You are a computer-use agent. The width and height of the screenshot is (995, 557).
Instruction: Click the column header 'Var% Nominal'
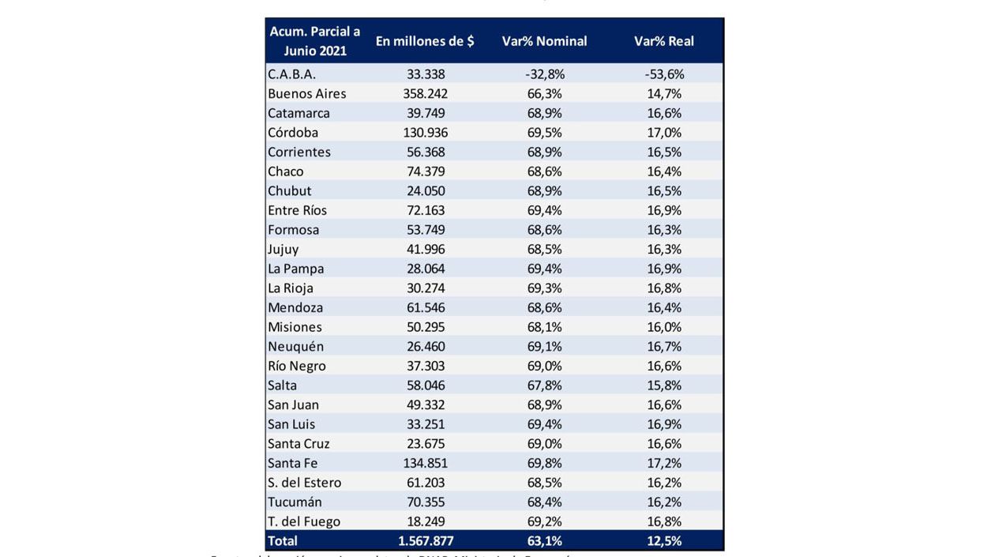pyautogui.click(x=544, y=41)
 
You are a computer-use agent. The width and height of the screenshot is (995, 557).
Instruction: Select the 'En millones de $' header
pyautogui.click(x=425, y=41)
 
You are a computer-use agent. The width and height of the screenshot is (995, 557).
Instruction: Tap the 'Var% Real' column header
pyautogui.click(x=663, y=41)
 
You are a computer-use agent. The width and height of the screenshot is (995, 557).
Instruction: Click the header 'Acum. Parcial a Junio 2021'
pyautogui.click(x=315, y=41)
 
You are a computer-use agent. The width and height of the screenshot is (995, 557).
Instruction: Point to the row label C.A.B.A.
pyautogui.click(x=291, y=74)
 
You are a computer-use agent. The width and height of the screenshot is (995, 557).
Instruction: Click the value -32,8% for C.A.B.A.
pyautogui.click(x=544, y=74)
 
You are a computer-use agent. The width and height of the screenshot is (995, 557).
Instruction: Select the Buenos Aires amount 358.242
pyautogui.click(x=425, y=94)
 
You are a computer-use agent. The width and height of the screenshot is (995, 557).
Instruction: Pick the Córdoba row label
pyautogui.click(x=293, y=133)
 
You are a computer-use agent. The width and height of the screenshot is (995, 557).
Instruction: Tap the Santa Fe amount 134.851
pyautogui.click(x=425, y=464)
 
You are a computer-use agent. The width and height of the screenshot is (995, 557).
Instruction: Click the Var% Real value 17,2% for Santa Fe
pyautogui.click(x=663, y=464)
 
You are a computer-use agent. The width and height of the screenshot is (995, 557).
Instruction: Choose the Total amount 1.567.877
pyautogui.click(x=425, y=541)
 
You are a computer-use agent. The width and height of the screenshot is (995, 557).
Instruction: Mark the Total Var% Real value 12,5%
pyautogui.click(x=663, y=541)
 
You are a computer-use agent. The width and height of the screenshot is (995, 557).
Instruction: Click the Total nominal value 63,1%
pyautogui.click(x=544, y=541)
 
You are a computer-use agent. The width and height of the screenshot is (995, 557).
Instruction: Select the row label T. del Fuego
pyautogui.click(x=304, y=522)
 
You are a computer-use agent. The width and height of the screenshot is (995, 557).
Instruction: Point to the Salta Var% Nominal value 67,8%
pyautogui.click(x=544, y=386)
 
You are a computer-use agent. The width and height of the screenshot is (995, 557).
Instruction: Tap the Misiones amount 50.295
pyautogui.click(x=425, y=327)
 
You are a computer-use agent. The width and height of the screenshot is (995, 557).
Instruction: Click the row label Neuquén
pyautogui.click(x=295, y=347)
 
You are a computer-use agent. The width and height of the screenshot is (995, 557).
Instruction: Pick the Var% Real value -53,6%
pyautogui.click(x=663, y=74)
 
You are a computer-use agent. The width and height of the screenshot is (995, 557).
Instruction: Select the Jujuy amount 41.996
pyautogui.click(x=425, y=250)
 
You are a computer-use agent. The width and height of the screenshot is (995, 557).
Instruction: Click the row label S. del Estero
pyautogui.click(x=304, y=483)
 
